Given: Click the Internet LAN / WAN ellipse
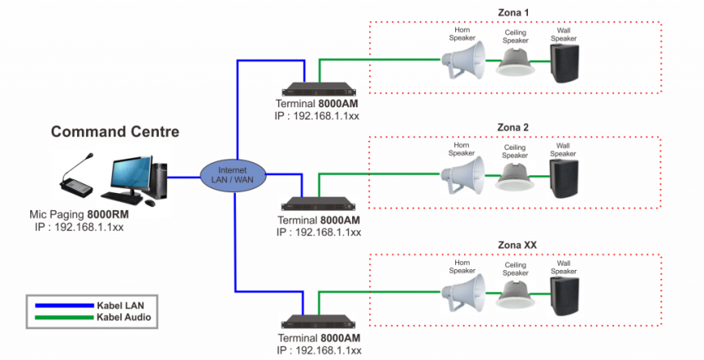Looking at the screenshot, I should point(232,174).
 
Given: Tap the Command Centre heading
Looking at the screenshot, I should point(115,132).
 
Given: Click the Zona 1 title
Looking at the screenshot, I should point(514,12).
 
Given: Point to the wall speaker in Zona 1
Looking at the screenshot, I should point(563,62).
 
